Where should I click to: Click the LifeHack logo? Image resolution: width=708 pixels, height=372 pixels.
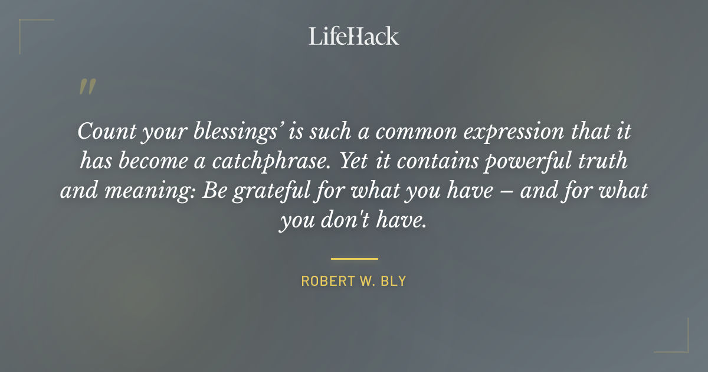click(354, 36)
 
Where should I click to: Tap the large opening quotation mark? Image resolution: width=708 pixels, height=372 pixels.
click(87, 87)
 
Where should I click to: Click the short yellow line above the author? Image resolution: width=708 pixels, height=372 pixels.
click(354, 259)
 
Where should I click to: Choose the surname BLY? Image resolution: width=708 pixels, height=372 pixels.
click(394, 281)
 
